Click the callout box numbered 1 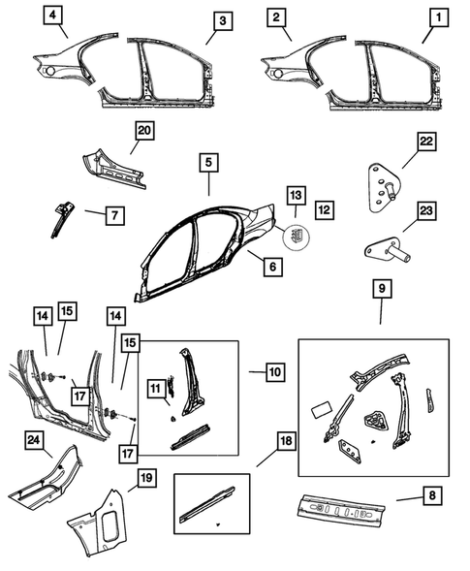(441, 18)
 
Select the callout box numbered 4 (54, 16)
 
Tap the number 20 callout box (144, 133)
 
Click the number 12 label (325, 208)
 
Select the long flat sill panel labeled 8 (344, 508)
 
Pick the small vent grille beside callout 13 (295, 234)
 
